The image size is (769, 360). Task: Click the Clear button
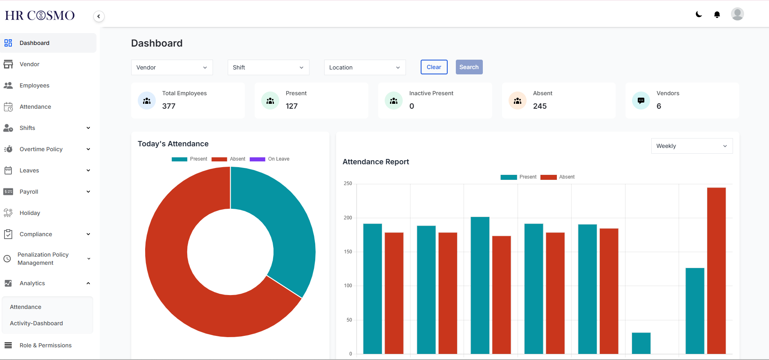[x=434, y=67]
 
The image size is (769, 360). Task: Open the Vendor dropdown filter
[x=172, y=67]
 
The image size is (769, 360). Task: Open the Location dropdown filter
[x=365, y=67]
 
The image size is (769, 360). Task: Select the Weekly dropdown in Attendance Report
[x=691, y=146]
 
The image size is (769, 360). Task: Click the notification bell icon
[x=717, y=15]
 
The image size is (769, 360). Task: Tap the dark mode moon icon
[x=699, y=14]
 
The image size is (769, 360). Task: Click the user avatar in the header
[x=737, y=14]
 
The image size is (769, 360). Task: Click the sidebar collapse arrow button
[x=99, y=16]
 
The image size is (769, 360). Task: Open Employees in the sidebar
[x=34, y=85]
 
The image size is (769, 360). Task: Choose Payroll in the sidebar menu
[x=29, y=192]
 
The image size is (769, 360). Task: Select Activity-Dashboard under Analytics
[x=36, y=323]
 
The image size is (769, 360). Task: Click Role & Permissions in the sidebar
[x=45, y=345]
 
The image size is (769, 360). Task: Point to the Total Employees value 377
[x=169, y=106]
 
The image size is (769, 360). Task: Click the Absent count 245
[x=540, y=106]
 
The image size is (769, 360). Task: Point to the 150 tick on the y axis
[x=348, y=252]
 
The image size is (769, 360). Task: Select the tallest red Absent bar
[x=716, y=270]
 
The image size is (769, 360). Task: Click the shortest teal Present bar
[x=641, y=343]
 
